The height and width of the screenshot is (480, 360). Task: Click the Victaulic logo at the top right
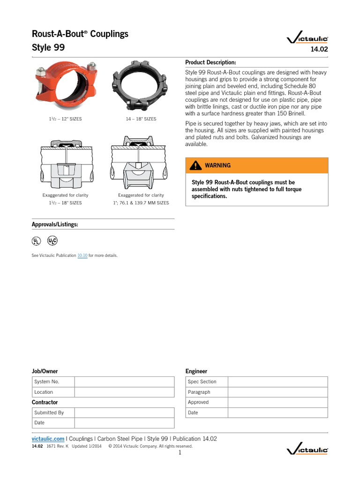[x=307, y=40]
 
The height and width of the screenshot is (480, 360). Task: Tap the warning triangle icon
[x=195, y=165]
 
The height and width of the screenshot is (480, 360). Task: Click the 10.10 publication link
[x=82, y=255]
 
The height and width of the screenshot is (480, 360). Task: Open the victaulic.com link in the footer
[x=48, y=439]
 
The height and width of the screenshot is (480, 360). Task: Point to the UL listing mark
[x=37, y=241]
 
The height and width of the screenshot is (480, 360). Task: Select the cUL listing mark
[x=52, y=241]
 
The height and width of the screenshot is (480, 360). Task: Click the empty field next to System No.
[x=124, y=382]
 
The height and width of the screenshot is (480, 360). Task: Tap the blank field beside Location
[x=124, y=392]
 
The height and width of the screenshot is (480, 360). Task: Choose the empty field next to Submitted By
[x=124, y=412]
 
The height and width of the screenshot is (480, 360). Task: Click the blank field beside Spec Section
[x=278, y=382]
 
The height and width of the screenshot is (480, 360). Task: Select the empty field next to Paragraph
[x=278, y=392]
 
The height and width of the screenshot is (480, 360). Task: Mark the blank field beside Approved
[x=278, y=402]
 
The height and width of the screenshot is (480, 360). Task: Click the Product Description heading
[x=210, y=62]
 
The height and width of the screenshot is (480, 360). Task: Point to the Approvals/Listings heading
[x=55, y=225]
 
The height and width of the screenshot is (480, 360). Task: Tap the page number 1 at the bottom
[x=180, y=453]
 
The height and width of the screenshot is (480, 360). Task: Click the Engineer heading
[x=196, y=371]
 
